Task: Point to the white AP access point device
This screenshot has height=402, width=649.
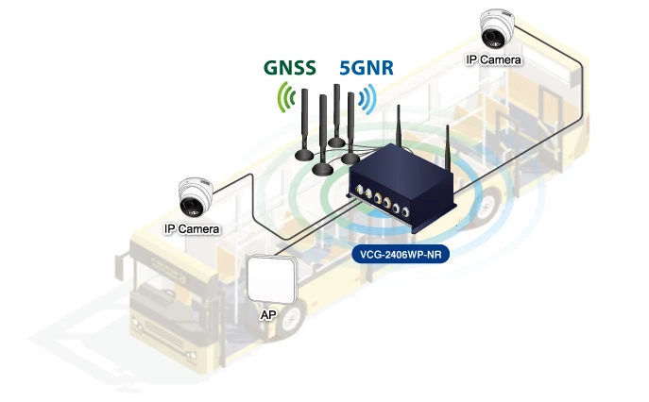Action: pos(272,278)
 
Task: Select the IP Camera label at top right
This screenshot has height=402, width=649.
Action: pos(494,59)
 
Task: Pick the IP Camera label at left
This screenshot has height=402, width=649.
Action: pos(192,228)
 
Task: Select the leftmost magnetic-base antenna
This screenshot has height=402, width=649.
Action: pos(306,123)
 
